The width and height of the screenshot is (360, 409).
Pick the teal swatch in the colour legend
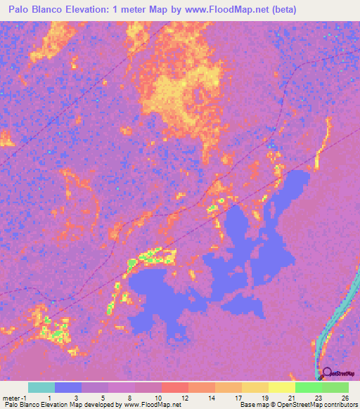41,387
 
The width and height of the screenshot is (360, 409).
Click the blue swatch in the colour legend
68,387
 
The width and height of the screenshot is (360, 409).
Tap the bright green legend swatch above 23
308,387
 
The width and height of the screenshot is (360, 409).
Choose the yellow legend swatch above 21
281,387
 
